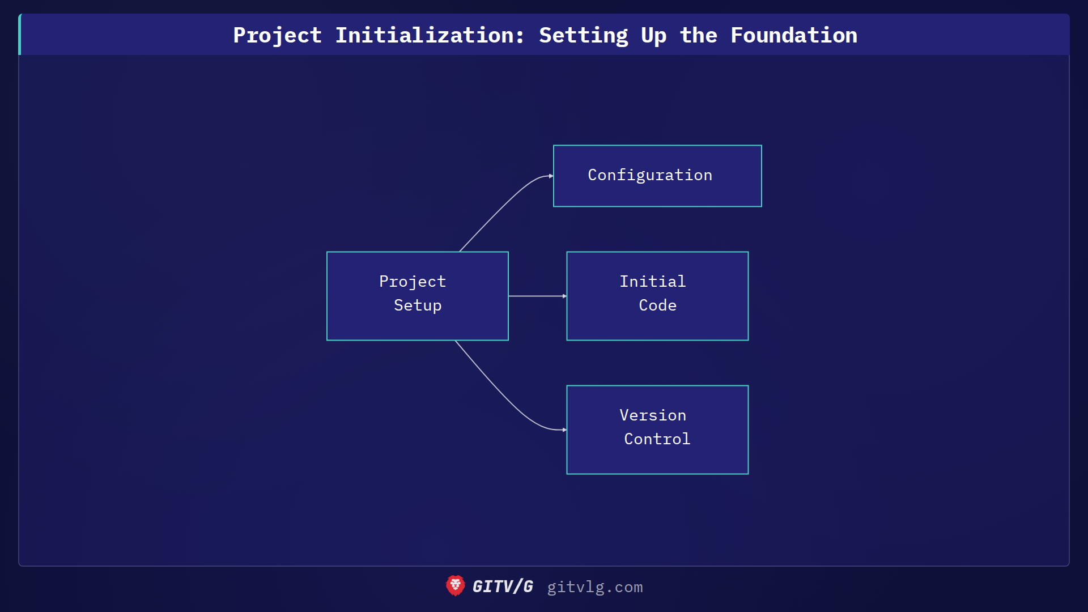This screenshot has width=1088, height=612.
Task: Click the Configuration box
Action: click(657, 176)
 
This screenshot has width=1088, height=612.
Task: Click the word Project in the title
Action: click(277, 35)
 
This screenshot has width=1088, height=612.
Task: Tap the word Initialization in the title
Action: click(429, 35)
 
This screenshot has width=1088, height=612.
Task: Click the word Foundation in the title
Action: click(793, 35)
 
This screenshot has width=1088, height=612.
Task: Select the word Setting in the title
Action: click(583, 35)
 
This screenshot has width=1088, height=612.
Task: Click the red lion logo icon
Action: click(455, 586)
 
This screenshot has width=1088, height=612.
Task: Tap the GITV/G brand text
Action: click(503, 586)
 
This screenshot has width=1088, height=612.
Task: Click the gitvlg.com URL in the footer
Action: click(594, 587)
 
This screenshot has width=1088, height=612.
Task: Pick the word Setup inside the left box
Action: click(418, 305)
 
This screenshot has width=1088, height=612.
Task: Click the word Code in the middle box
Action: click(657, 305)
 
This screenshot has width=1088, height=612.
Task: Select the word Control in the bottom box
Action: click(657, 439)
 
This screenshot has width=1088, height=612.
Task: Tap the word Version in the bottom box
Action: click(653, 415)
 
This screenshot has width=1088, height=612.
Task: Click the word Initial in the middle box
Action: click(653, 282)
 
